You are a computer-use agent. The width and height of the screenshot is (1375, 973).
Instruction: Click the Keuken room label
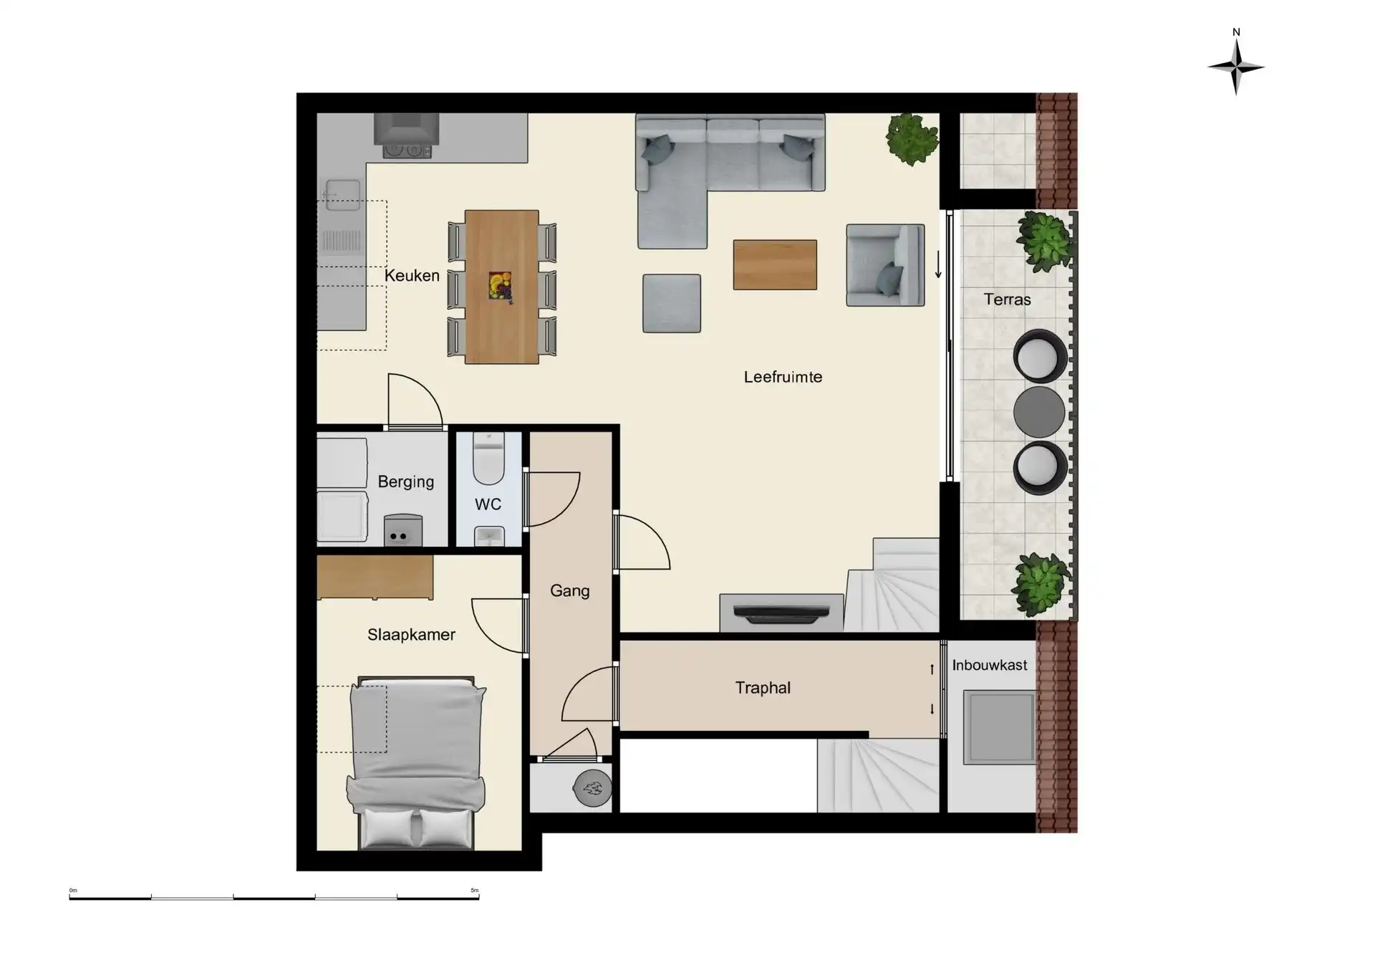click(412, 276)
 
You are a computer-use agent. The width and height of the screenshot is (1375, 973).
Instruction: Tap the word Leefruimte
click(783, 377)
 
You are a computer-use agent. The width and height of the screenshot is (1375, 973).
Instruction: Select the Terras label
click(1007, 299)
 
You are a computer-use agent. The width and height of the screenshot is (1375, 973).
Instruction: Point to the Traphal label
click(763, 688)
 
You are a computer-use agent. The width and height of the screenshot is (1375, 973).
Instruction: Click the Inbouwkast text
click(989, 665)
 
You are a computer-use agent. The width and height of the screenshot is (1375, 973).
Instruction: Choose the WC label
click(488, 504)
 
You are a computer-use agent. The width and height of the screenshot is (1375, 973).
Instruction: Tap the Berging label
click(406, 481)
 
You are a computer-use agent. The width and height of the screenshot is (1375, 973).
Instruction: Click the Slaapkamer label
click(411, 635)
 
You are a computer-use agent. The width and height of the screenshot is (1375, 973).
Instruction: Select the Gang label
click(569, 591)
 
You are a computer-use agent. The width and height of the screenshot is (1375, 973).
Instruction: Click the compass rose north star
click(1236, 67)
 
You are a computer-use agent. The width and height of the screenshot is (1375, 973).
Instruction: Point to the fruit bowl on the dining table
click(500, 286)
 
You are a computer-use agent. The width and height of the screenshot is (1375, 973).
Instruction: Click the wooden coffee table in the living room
click(775, 264)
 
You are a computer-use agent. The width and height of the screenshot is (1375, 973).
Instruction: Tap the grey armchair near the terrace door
click(885, 265)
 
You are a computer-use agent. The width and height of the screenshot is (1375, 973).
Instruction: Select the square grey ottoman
click(671, 303)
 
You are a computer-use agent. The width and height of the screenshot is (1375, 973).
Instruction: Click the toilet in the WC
click(489, 459)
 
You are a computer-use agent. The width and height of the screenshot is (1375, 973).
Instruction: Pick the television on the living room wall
click(781, 613)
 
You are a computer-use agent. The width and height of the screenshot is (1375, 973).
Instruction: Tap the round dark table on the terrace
click(1039, 411)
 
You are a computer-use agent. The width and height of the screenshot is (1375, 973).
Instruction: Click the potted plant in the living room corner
click(912, 139)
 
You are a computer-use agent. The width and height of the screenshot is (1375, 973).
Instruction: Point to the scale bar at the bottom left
click(274, 896)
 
